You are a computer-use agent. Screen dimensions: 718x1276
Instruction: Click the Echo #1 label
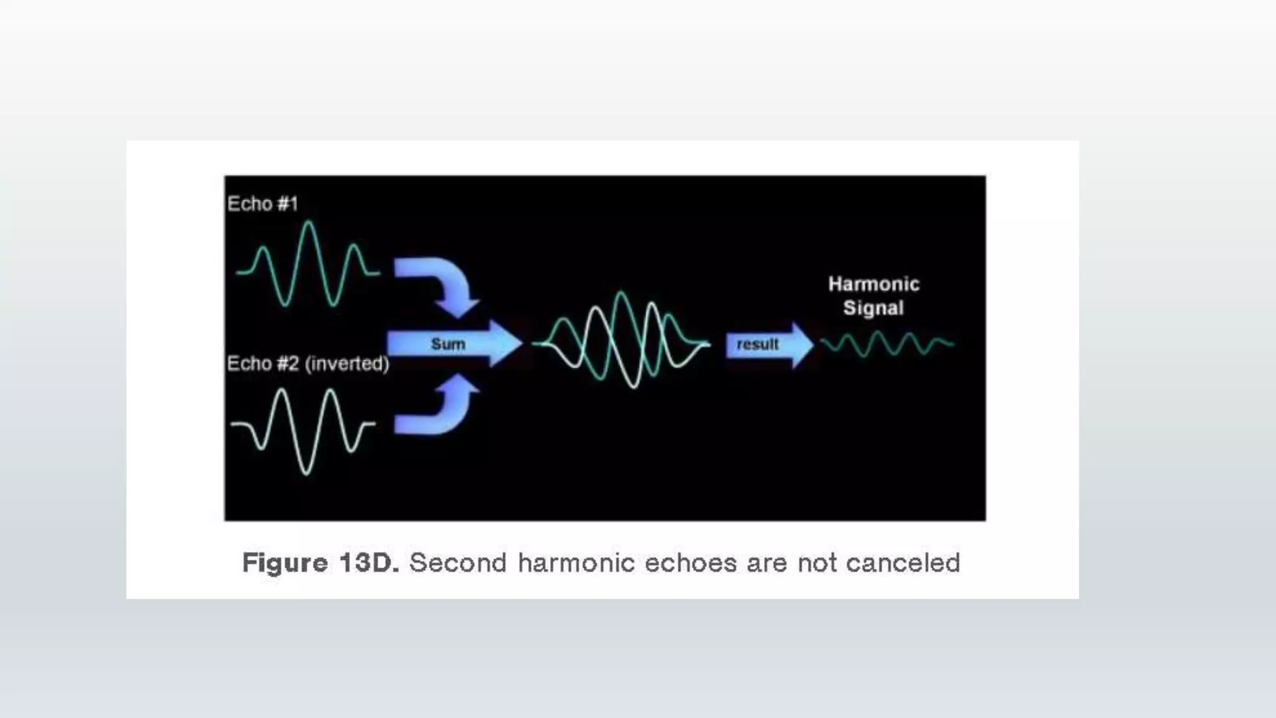[x=262, y=204]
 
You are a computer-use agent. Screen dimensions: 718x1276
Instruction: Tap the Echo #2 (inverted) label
[x=307, y=363]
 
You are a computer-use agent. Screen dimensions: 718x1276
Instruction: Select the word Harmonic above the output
[x=874, y=284]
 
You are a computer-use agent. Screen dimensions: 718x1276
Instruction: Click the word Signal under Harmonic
[x=873, y=308]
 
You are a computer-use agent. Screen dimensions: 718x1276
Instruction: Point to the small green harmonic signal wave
[x=887, y=343]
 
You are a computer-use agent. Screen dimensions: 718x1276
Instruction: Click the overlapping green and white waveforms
[x=621, y=340]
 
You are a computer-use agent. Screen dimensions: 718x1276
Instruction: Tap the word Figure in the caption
[x=285, y=563]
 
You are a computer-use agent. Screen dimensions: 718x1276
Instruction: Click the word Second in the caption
[x=458, y=563]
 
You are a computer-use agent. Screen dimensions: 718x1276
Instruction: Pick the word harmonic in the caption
[x=575, y=563]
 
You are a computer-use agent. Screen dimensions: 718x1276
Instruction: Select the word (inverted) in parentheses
[x=347, y=363]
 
